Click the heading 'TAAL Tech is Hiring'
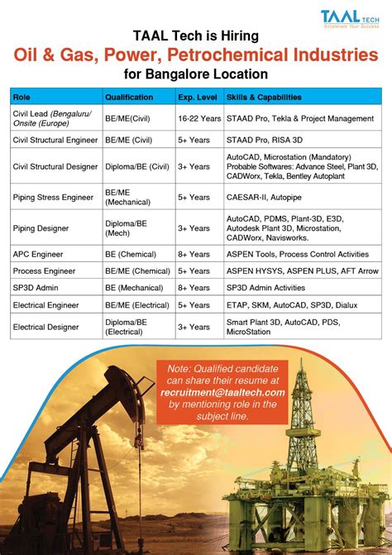(x=196, y=36)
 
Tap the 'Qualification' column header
(x=128, y=97)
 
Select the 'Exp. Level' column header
(x=197, y=97)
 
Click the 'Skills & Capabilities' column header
(x=263, y=97)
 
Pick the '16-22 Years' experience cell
(x=198, y=118)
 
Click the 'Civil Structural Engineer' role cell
(x=55, y=141)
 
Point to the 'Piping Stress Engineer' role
(x=52, y=198)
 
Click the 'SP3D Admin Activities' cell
(x=265, y=288)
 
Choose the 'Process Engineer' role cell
(x=44, y=271)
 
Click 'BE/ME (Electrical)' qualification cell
(x=136, y=304)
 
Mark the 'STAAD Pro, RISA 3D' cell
(x=263, y=141)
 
